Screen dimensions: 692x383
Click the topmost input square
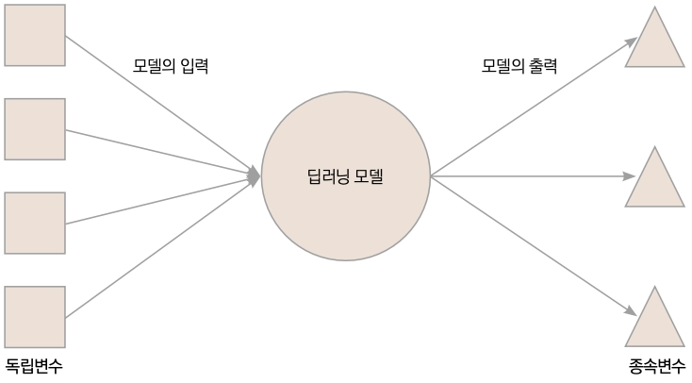tap(35, 35)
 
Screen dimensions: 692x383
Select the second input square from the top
tap(35, 129)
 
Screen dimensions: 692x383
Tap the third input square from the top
tap(35, 224)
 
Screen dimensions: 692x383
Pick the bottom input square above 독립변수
tap(35, 317)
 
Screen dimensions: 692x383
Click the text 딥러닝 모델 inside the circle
tap(345, 176)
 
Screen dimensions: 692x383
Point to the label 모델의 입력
tap(171, 67)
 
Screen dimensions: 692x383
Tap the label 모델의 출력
tap(519, 67)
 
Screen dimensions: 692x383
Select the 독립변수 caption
tap(35, 366)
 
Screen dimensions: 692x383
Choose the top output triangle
tap(655, 42)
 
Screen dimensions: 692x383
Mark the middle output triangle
tap(655, 182)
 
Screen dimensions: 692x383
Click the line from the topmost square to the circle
tap(160, 105)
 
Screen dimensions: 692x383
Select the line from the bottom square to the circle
tap(160, 247)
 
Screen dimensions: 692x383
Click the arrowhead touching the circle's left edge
tap(255, 175)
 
